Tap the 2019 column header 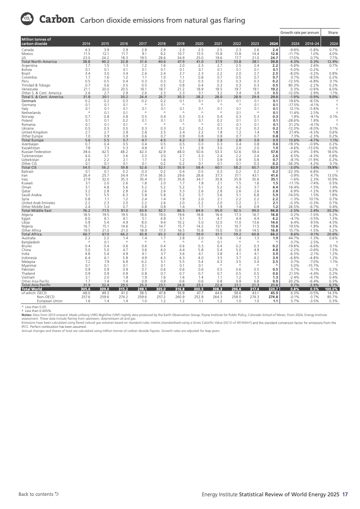coord(181,44)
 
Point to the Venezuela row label coord(30,89)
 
